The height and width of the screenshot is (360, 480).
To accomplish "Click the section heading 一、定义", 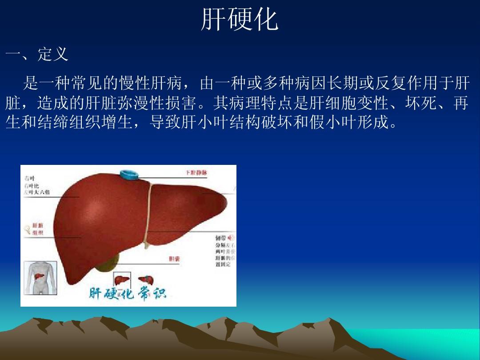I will tap(37, 55).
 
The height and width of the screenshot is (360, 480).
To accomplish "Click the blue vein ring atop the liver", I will tap(130, 175).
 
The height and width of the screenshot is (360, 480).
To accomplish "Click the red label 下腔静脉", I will tap(196, 172).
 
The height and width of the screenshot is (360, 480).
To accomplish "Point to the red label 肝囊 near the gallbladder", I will tap(174, 259).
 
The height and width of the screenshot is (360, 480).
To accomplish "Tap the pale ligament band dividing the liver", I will tap(149, 213).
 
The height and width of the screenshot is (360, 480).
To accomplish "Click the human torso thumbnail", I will tap(40, 277).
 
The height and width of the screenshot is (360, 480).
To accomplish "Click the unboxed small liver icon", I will tap(145, 280).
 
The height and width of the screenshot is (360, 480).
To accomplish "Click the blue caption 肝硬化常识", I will tap(127, 294).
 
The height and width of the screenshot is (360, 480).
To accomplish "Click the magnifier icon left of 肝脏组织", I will tap(27, 229).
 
